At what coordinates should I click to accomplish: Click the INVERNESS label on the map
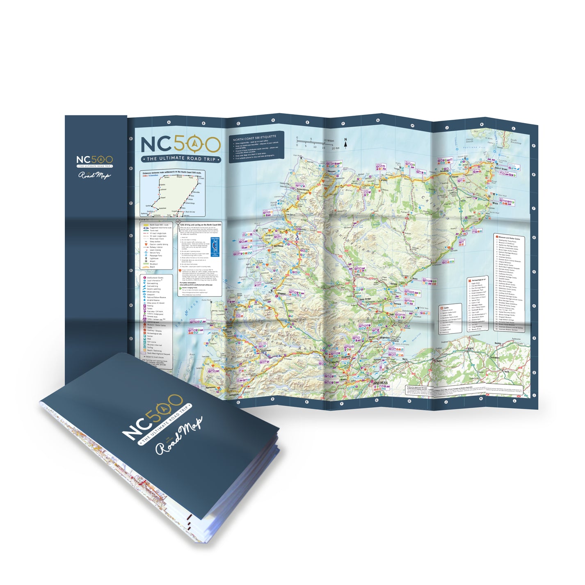click(380, 382)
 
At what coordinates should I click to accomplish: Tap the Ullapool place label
click(281, 294)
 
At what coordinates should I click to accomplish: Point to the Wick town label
click(495, 203)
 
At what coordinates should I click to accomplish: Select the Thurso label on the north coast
click(455, 177)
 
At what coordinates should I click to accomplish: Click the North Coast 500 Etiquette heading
click(254, 138)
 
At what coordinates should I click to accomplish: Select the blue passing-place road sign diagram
click(215, 246)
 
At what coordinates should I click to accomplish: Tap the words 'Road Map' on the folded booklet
click(178, 437)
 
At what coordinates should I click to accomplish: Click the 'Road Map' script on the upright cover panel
click(94, 175)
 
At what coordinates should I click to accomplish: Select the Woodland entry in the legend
click(153, 264)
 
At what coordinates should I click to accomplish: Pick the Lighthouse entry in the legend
click(153, 258)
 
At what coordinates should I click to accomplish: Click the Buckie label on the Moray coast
click(498, 343)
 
